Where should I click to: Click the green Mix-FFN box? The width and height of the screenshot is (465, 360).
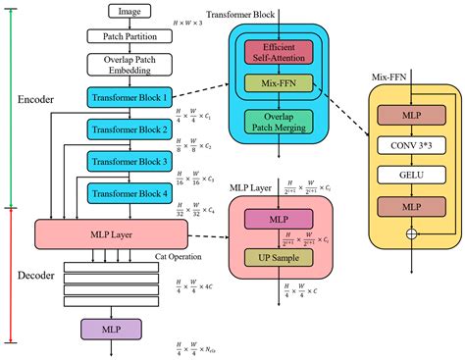279,86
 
